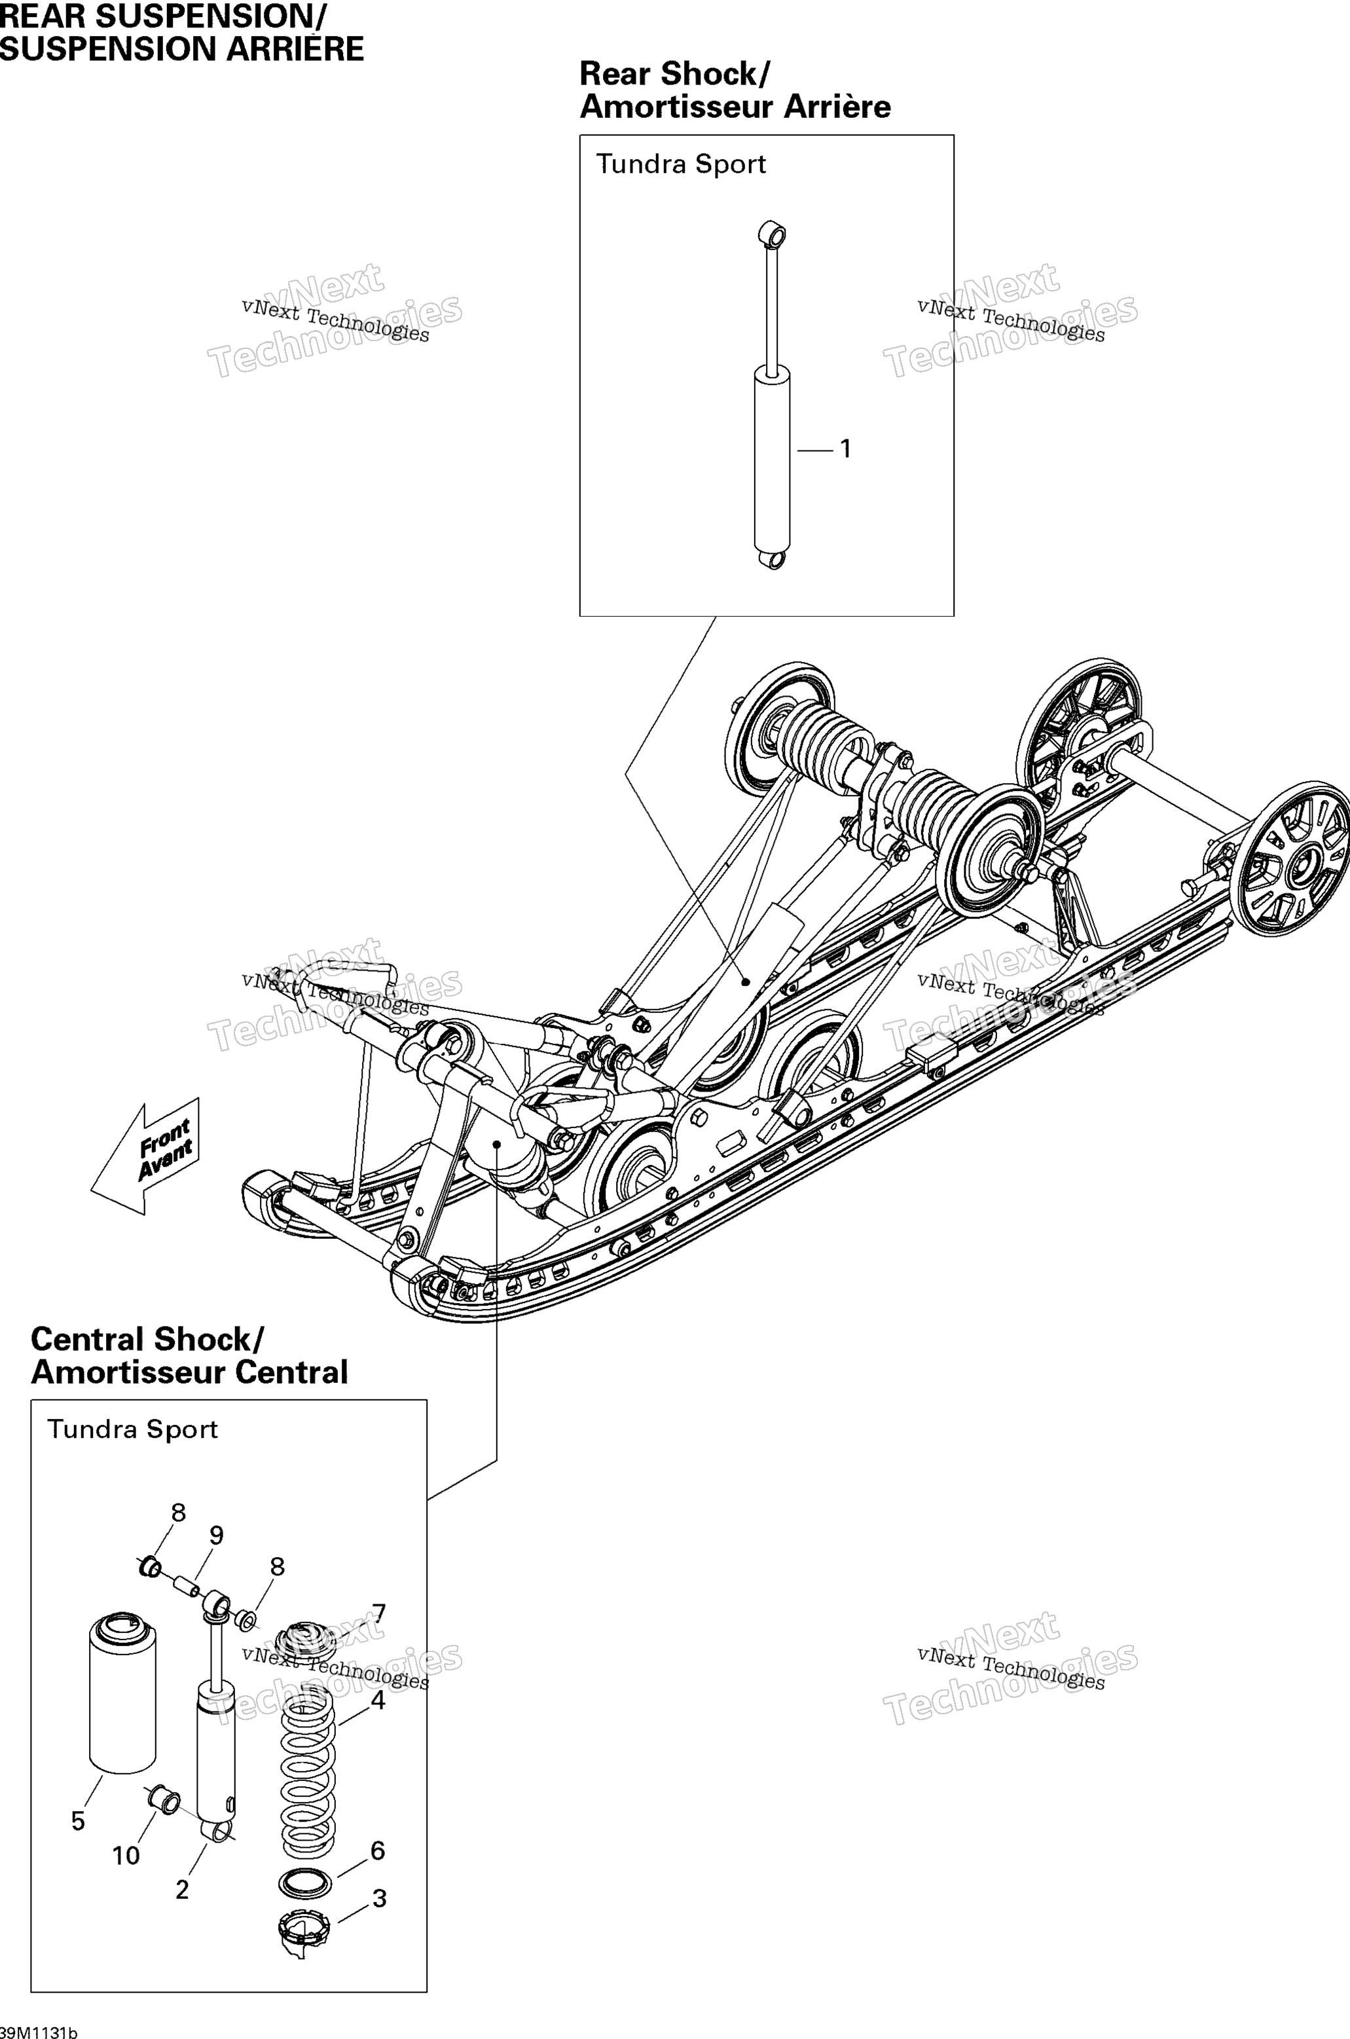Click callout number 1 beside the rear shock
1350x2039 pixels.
pos(845,449)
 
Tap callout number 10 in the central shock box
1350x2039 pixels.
pos(126,1856)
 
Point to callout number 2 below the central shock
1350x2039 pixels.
pos(181,1889)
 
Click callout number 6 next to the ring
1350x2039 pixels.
pos(377,1850)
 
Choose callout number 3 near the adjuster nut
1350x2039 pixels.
pos(379,1898)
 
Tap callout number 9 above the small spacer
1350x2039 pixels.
pos(216,1535)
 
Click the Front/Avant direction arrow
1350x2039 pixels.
pos(147,1156)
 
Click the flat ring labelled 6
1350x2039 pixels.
pos(306,1883)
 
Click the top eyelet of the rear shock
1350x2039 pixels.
pos(773,233)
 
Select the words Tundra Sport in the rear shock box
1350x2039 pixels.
pos(681,164)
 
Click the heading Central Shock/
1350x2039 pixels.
pos(147,1340)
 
